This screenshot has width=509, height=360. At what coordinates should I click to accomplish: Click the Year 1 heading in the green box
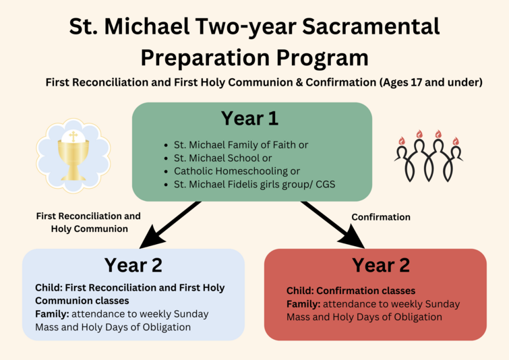tap(249, 119)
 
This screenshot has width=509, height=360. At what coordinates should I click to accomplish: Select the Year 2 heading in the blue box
tap(133, 266)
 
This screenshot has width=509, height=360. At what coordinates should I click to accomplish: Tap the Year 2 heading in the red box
tap(381, 265)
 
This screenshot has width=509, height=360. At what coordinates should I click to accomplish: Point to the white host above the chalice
tap(73, 138)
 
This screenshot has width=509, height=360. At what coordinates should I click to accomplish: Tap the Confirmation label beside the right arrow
tap(381, 217)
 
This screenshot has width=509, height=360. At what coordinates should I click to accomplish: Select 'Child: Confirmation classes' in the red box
tap(351, 291)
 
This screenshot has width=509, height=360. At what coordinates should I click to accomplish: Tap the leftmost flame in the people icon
tap(402, 140)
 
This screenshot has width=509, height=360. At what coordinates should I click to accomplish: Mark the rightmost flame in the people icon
tap(455, 140)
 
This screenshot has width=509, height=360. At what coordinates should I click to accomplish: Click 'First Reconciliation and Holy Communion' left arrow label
tap(88, 222)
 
